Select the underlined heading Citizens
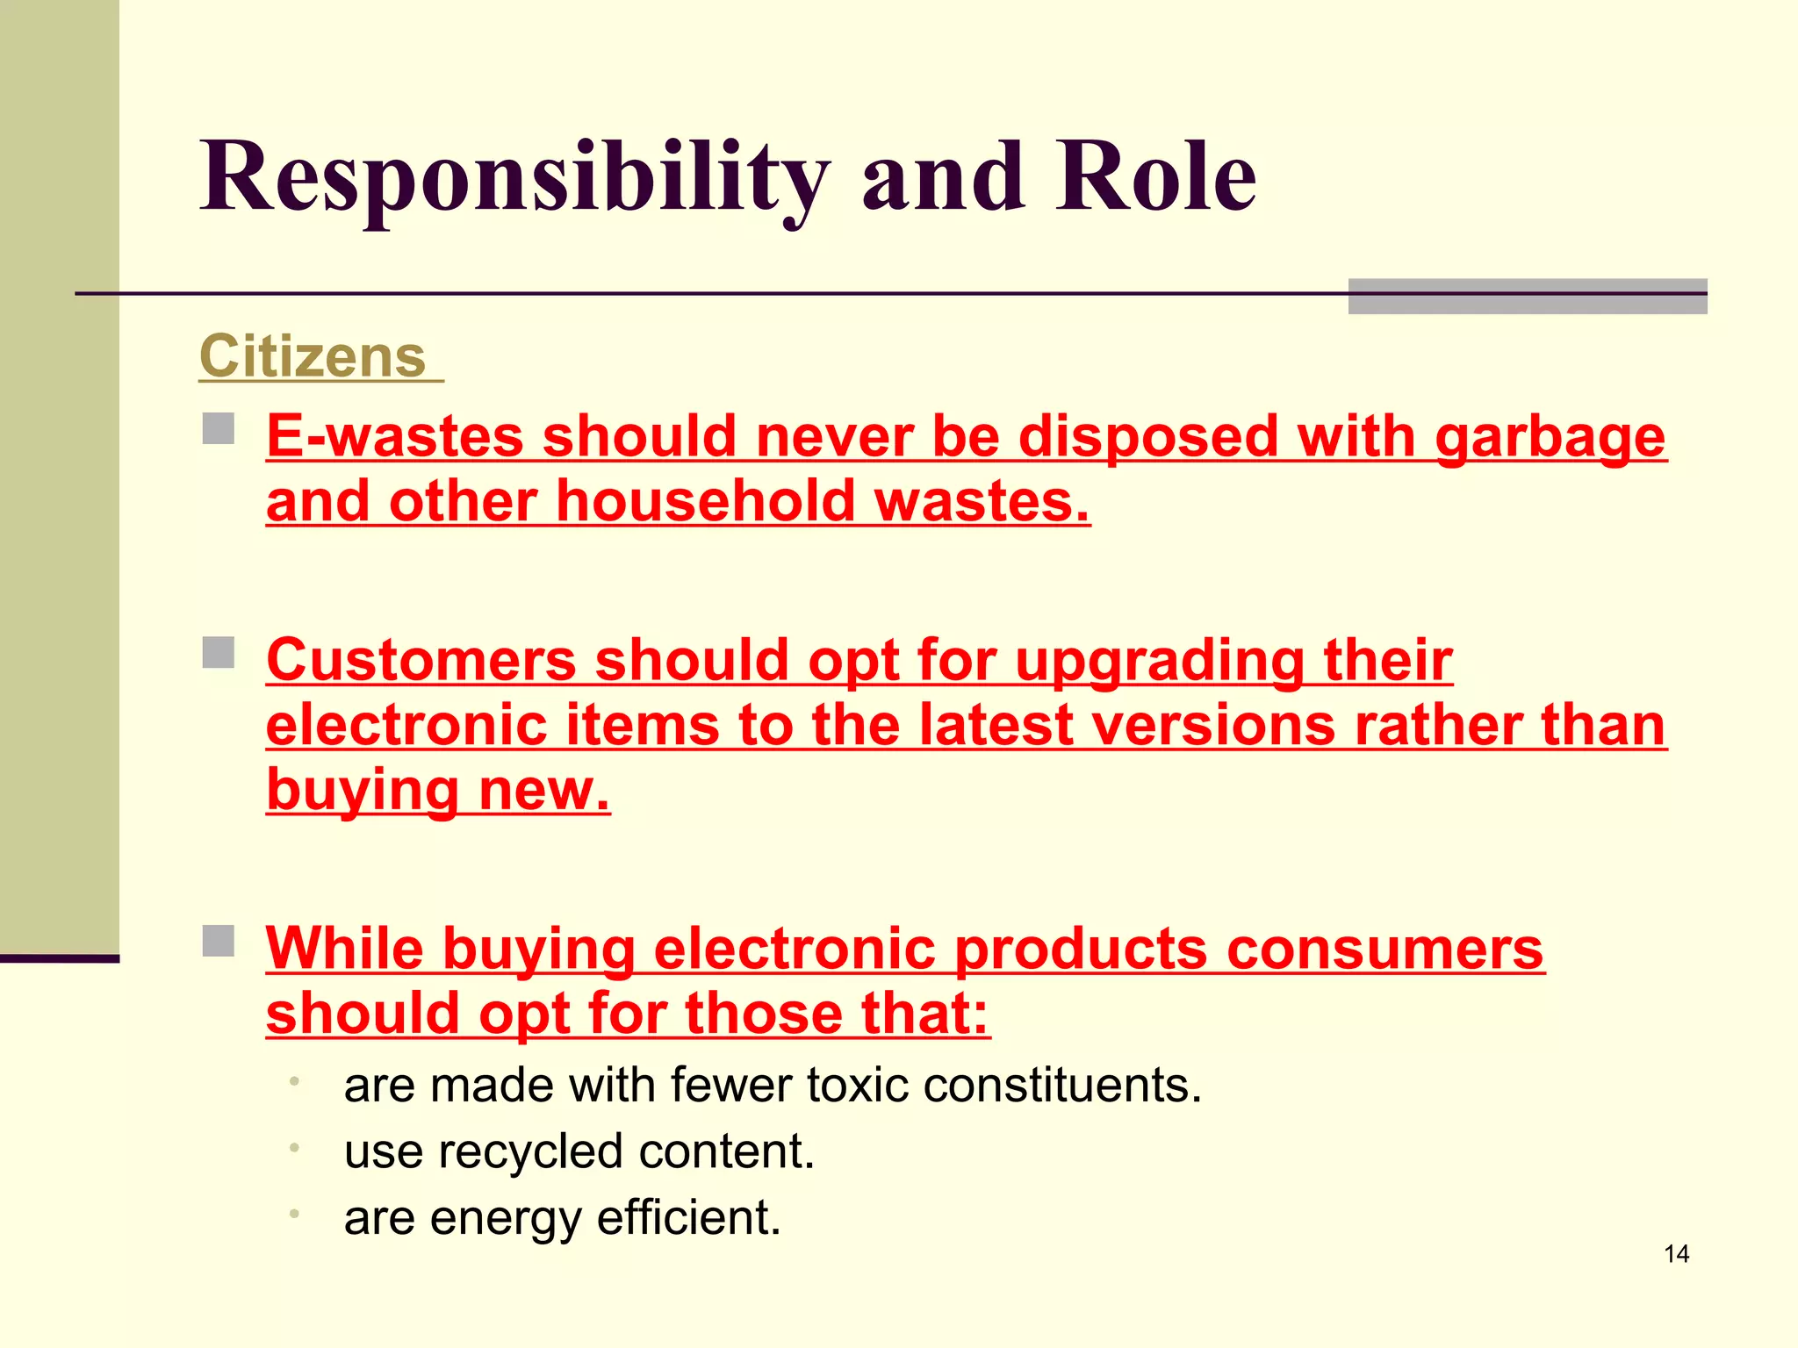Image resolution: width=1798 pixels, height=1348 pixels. [313, 356]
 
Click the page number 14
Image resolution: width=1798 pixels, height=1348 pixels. [1676, 1254]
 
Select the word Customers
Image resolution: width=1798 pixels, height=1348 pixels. [421, 660]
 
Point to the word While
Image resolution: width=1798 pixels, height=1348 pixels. [344, 949]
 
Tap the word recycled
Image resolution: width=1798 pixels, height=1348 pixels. [543, 1151]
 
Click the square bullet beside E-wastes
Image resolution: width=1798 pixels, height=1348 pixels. [219, 429]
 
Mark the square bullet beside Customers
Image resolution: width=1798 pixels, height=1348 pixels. [219, 653]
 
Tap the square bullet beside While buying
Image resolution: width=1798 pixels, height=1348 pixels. [219, 941]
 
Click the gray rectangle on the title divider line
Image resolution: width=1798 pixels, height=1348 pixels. [1527, 296]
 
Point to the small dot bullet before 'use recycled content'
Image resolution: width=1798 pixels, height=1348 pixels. [295, 1147]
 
